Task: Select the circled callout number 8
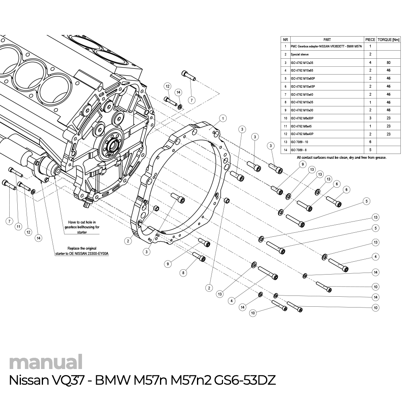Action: click(x=183, y=273)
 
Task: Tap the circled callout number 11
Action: click(x=18, y=227)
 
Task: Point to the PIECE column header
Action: click(x=370, y=40)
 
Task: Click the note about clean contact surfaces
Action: click(x=341, y=158)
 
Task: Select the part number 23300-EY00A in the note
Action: click(x=99, y=254)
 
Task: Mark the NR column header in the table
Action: click(x=285, y=40)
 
